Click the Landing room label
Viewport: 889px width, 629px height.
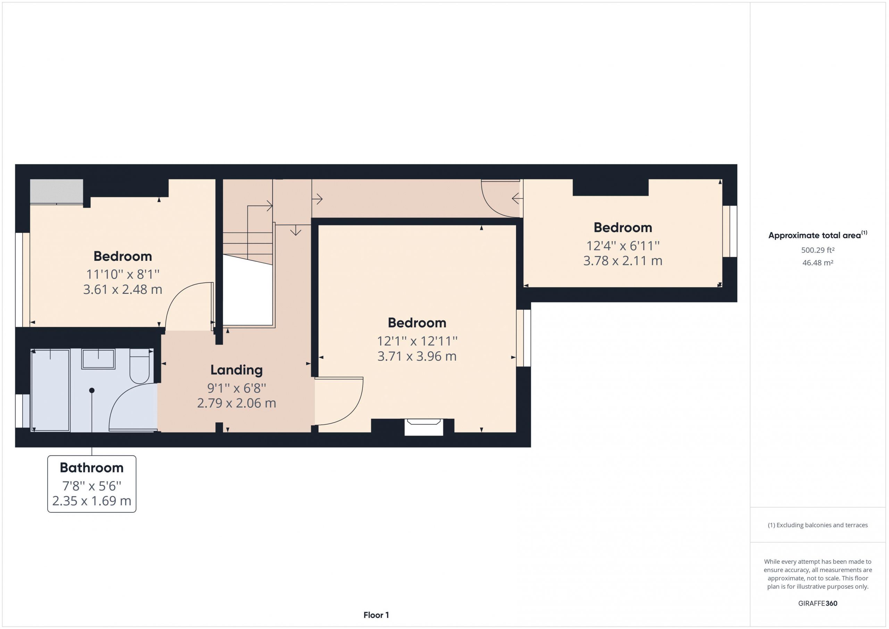(x=236, y=370)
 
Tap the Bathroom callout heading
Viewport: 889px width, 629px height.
(x=92, y=468)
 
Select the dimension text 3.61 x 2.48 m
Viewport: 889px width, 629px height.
(x=123, y=289)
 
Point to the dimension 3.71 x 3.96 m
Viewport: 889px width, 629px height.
(x=417, y=356)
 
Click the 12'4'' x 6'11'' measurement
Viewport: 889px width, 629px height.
(x=623, y=246)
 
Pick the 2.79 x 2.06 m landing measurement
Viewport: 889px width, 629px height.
(x=236, y=403)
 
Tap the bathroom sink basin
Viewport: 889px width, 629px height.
(x=98, y=359)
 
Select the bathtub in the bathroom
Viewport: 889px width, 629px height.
(x=50, y=390)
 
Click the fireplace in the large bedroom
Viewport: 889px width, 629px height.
(x=424, y=427)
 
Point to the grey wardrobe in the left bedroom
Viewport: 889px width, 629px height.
(x=57, y=191)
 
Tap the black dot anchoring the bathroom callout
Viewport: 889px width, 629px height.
(x=92, y=390)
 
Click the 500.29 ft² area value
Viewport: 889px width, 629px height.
(x=818, y=250)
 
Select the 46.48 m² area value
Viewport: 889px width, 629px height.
(x=818, y=263)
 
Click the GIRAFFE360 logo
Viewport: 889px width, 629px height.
(x=818, y=603)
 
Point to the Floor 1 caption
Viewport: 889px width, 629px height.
(x=376, y=615)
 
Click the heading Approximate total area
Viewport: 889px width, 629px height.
(x=815, y=235)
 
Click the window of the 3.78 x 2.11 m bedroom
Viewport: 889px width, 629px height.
(x=730, y=231)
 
